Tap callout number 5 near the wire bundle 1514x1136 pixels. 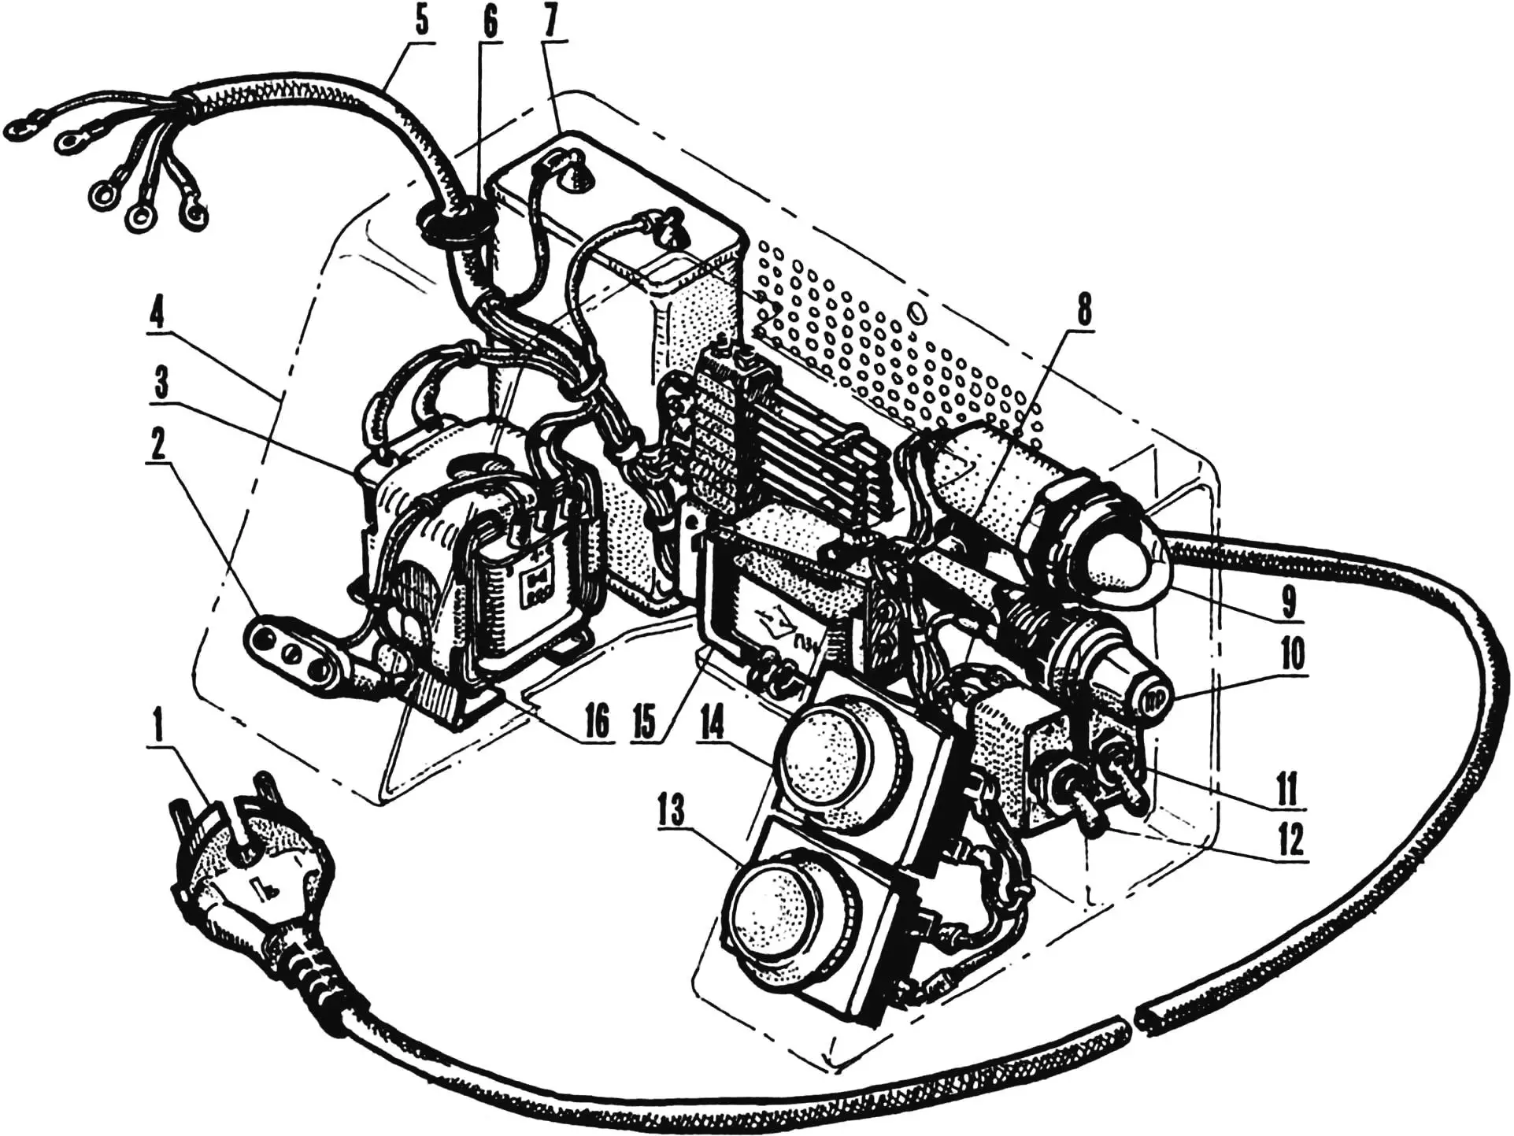click(x=423, y=23)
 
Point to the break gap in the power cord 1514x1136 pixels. click(x=1131, y=1024)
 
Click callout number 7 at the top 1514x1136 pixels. click(x=552, y=23)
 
